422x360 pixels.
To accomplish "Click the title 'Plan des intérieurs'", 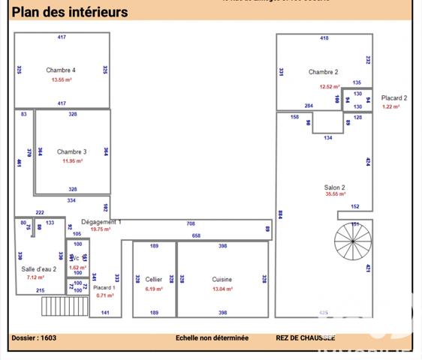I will [69, 12].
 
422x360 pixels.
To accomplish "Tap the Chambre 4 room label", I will [61, 70].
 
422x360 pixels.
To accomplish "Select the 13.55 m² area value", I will [61, 79].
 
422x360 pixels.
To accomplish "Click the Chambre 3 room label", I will [72, 151].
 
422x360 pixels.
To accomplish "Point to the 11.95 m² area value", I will [72, 160].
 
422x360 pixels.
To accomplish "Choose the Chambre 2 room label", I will [323, 72].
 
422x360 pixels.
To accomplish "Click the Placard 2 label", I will [394, 97].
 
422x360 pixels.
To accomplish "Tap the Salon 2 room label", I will [334, 187].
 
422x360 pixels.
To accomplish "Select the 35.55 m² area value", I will [335, 194].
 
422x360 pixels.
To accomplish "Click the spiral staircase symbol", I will [353, 241].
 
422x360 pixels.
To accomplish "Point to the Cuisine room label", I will [222, 279].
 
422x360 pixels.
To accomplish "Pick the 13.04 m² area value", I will [222, 289].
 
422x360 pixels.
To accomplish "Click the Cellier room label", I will [154, 279].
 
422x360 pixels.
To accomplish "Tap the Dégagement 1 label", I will [101, 222].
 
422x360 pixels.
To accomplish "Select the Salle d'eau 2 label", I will [38, 268].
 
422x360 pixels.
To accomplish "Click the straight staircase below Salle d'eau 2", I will [57, 306].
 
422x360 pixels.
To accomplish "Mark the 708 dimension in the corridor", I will [191, 223].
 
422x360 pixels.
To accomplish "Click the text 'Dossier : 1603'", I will [34, 337].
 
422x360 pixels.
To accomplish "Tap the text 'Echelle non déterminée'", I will [212, 337].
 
